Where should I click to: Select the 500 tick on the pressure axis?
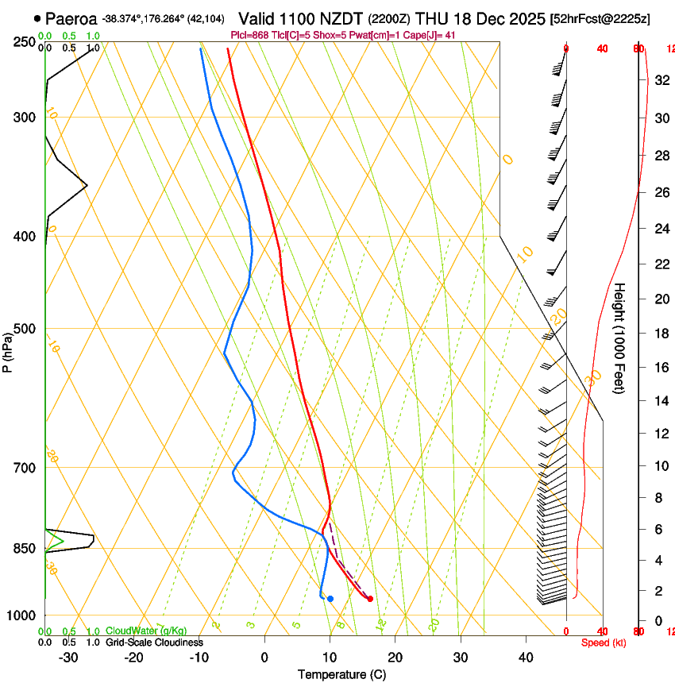tap(24, 329)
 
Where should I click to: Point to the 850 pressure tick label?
tap(24, 549)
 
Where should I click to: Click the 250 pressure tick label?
tap(24, 42)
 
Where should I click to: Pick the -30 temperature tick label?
tap(68, 658)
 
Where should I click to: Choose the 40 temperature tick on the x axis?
tap(526, 658)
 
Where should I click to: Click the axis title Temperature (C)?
tap(341, 674)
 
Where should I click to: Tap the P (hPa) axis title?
tap(7, 349)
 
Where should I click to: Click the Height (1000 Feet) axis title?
tap(620, 338)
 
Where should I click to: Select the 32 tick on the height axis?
tap(658, 80)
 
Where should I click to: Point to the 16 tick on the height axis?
tap(658, 368)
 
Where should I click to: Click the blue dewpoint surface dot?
tap(330, 598)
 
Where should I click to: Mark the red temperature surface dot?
tap(370, 599)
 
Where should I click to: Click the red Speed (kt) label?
tap(604, 642)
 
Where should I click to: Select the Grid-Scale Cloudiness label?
tap(153, 642)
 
